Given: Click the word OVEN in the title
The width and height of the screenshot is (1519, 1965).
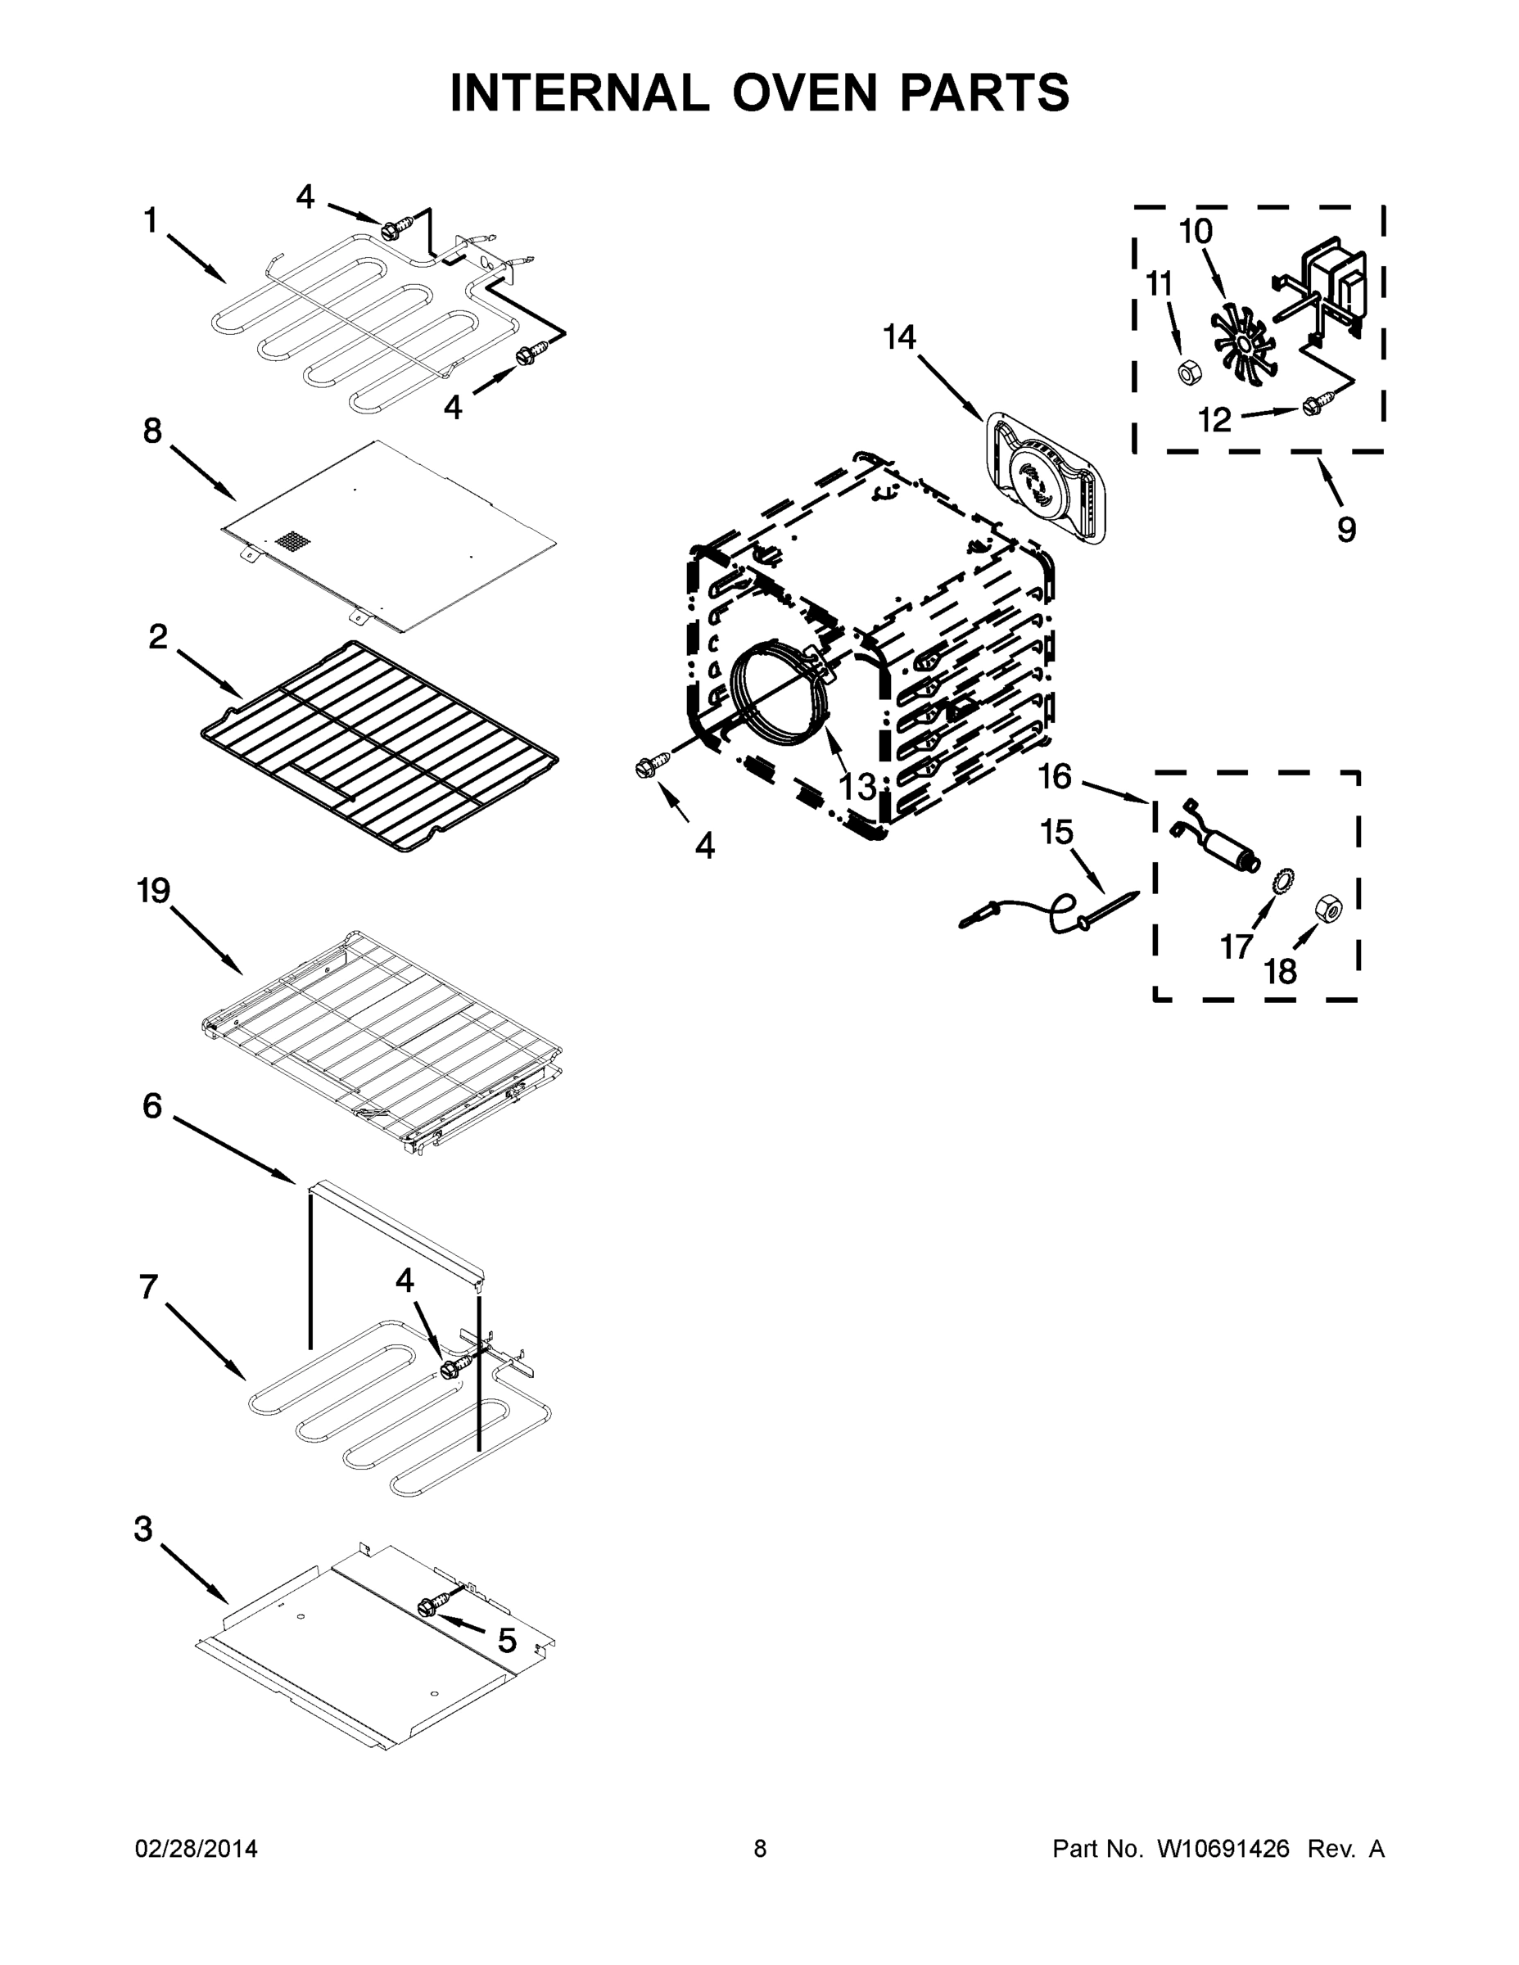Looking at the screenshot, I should pos(804,93).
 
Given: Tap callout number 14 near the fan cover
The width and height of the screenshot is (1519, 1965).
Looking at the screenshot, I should pos(899,338).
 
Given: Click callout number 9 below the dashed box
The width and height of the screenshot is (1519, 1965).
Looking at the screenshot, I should pos(1346,530).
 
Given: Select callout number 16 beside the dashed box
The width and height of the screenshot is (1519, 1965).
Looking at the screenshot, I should pos(1056,775).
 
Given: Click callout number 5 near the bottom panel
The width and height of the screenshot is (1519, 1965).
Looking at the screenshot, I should pos(507,1640).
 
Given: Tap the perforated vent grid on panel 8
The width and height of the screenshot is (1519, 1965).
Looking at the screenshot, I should pos(292,542).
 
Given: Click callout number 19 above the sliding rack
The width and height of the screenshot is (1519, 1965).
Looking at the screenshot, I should pos(153,892).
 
